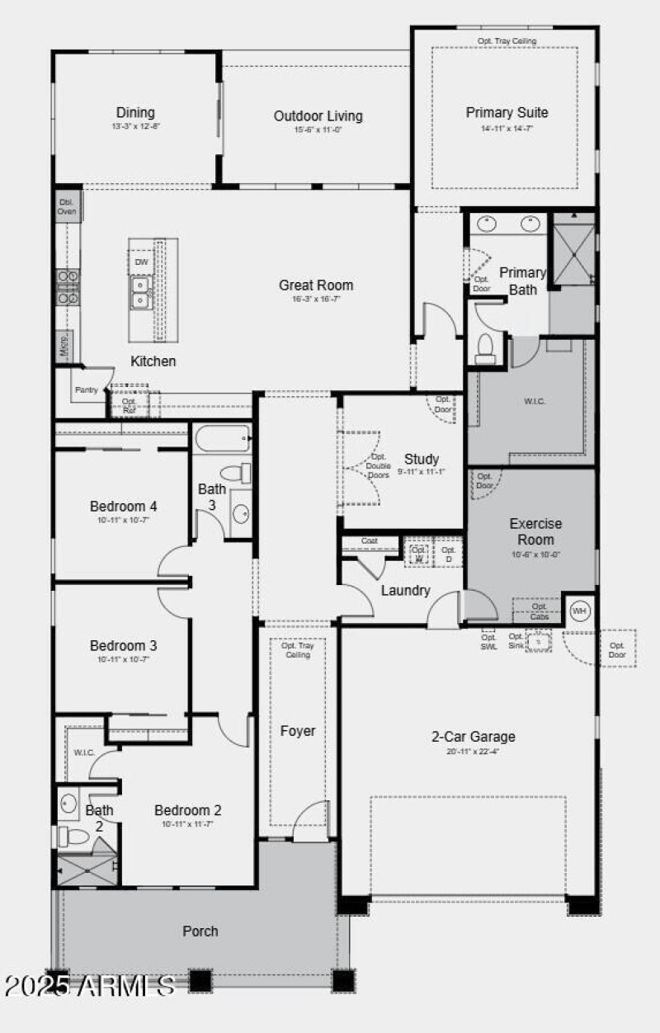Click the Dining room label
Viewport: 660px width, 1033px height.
(x=135, y=113)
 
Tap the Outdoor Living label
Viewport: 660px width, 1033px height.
(x=318, y=116)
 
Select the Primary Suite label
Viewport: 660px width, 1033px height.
(x=507, y=113)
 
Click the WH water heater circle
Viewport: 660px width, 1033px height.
(x=579, y=611)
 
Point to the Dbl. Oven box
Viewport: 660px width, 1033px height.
(x=67, y=206)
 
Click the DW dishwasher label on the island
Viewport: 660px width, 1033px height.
(x=142, y=262)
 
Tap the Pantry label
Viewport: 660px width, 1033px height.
(x=86, y=389)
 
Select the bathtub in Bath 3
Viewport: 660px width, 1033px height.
(x=223, y=438)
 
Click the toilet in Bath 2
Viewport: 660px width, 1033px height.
(x=74, y=837)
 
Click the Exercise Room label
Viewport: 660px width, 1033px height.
(x=535, y=531)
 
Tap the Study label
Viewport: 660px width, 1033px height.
(x=421, y=460)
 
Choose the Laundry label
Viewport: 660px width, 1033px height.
(x=405, y=591)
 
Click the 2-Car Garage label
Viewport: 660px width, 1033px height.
(x=474, y=737)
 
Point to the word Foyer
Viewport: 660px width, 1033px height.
(x=298, y=731)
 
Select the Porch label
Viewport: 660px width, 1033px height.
(x=200, y=931)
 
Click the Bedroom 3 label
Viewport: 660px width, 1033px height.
(x=123, y=646)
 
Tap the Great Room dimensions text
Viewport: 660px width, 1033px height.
(x=315, y=300)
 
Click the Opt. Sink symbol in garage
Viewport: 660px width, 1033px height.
(x=538, y=641)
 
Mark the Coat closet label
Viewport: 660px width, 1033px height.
(x=369, y=541)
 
